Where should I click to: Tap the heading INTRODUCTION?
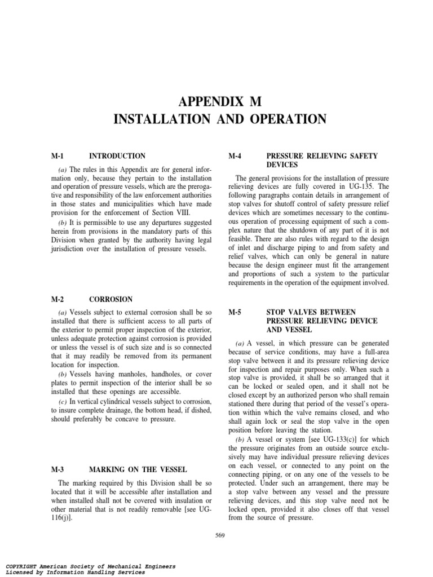pyautogui.click(x=117, y=156)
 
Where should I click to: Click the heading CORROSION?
pyautogui.click(x=111, y=299)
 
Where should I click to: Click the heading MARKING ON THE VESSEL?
pyautogui.click(x=138, y=469)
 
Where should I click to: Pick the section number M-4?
pyautogui.click(x=235, y=156)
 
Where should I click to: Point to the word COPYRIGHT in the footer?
pyautogui.click(x=23, y=566)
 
